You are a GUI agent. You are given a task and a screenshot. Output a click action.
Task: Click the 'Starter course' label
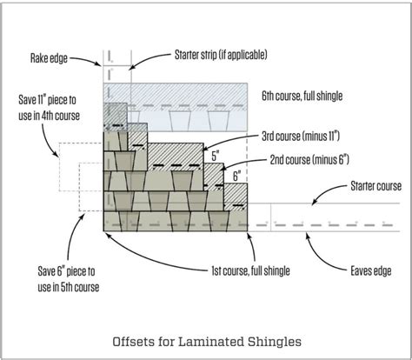pos(375,185)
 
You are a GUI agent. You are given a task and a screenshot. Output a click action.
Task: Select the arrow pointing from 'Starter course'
pos(320,196)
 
